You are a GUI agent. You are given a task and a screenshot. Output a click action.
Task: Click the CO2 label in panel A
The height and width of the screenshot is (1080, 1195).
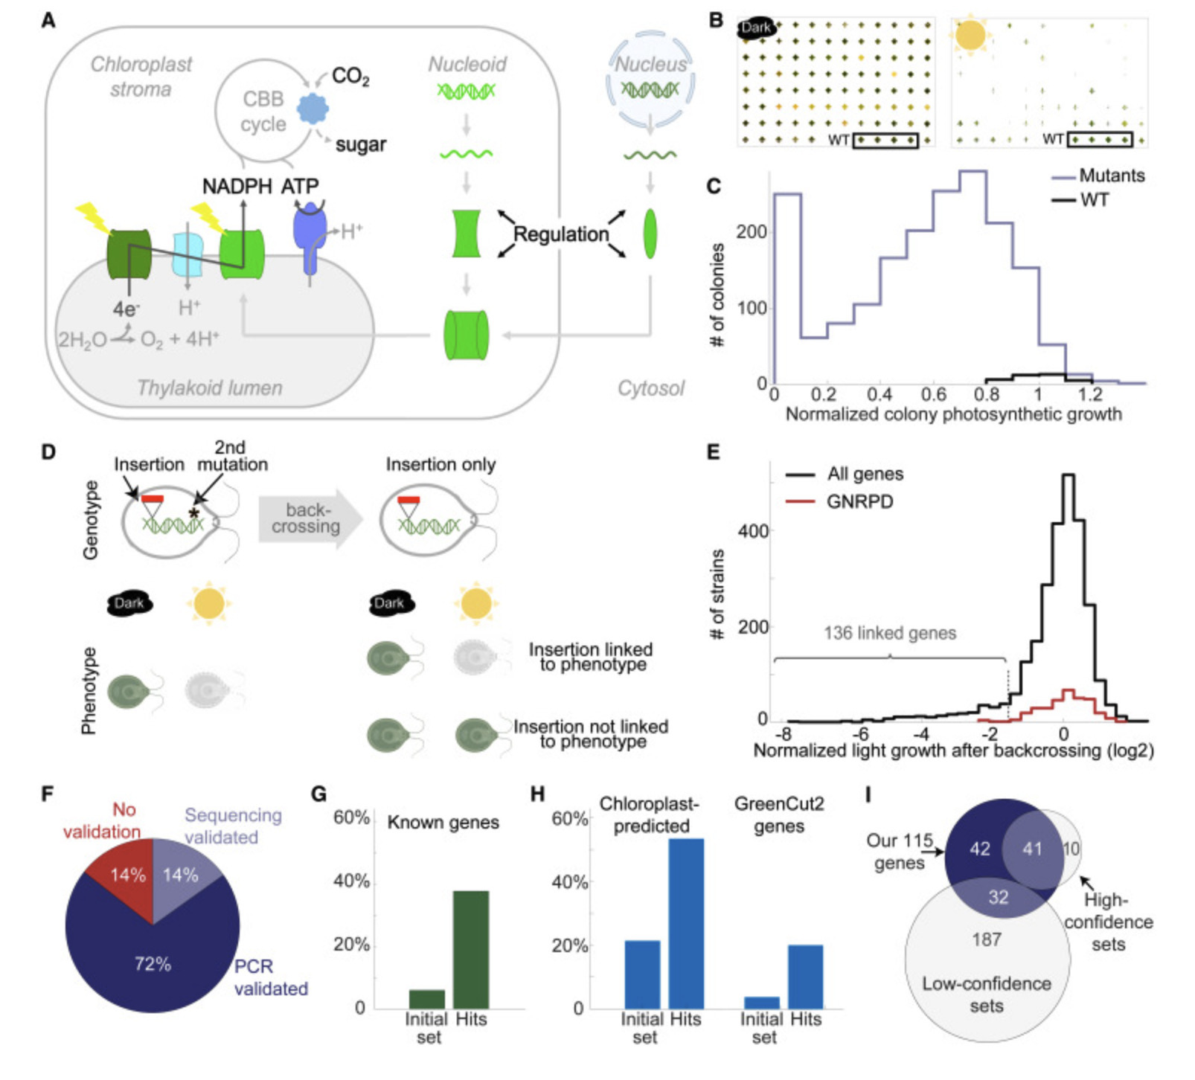(350, 77)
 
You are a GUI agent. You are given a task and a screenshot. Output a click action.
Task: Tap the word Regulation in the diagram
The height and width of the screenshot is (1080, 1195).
(561, 234)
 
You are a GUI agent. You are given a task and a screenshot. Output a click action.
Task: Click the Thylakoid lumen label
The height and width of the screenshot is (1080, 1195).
(210, 388)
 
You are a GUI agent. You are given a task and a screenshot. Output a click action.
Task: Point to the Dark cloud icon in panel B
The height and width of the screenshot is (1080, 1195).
(756, 28)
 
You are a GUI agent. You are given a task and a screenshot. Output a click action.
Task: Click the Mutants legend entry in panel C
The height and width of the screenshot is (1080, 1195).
(1111, 176)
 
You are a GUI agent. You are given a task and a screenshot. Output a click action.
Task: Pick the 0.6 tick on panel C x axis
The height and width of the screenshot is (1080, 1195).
(934, 394)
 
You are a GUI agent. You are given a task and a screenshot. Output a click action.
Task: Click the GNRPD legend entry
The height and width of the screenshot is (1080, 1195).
(859, 502)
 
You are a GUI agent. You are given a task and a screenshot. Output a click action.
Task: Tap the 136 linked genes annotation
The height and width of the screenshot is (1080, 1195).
(890, 633)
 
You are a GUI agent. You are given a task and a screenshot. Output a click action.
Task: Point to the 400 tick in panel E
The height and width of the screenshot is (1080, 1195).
(752, 531)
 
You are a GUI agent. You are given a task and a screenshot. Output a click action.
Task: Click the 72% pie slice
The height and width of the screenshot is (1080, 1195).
(153, 964)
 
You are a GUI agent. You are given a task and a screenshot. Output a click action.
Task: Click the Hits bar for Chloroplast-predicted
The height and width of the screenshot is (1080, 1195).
(685, 923)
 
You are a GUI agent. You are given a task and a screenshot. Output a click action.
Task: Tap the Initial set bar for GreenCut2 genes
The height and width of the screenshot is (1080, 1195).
(762, 1003)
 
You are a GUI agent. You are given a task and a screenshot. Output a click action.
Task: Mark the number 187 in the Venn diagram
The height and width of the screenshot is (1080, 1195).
(987, 939)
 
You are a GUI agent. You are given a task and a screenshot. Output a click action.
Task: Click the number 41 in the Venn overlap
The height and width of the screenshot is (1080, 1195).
(1031, 849)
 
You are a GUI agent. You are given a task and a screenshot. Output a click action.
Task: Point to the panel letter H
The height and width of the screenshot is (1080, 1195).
(537, 795)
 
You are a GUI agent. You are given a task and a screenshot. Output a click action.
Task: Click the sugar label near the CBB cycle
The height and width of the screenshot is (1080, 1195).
(361, 144)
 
